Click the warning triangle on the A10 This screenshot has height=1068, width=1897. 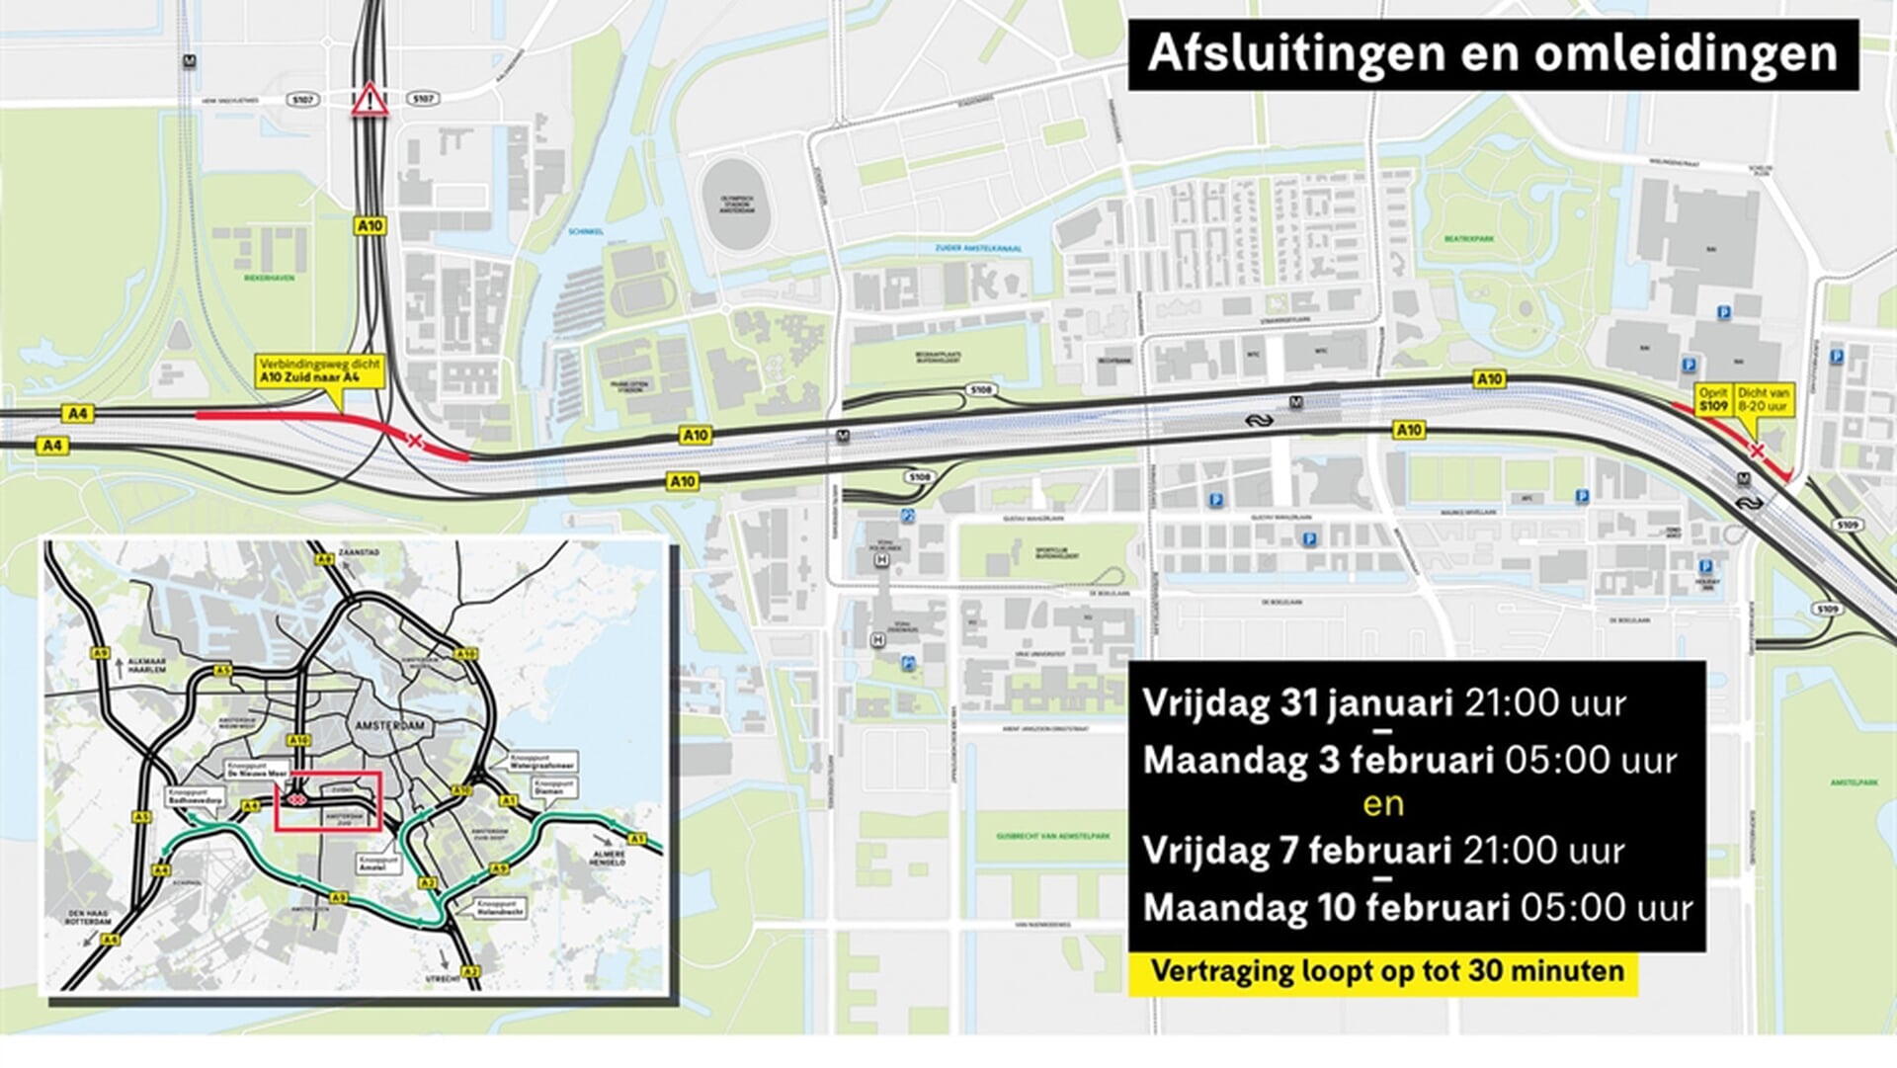point(370,100)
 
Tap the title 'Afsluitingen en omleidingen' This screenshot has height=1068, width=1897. point(1493,53)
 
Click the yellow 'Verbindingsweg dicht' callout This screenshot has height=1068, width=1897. point(320,370)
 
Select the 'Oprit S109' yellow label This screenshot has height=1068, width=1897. point(1713,400)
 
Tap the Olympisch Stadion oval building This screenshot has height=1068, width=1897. point(737,204)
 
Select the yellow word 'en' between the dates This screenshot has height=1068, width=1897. point(1382,804)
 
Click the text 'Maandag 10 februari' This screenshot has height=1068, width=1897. point(1325,907)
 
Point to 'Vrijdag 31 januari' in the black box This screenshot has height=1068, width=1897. point(1297,703)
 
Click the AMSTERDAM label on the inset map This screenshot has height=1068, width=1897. point(389,725)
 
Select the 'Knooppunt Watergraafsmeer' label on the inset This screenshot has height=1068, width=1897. point(542,762)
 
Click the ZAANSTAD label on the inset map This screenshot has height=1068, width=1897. point(358,552)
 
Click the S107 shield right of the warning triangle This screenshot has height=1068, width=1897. point(423,99)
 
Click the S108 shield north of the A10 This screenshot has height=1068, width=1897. point(979,390)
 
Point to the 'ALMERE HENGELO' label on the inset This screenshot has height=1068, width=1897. point(609,858)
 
